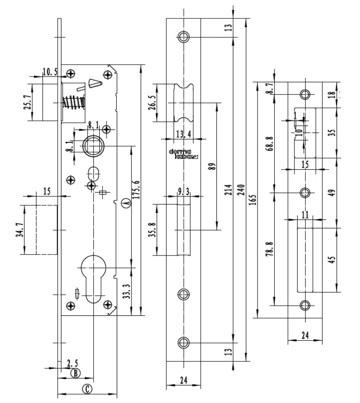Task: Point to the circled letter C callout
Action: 86,389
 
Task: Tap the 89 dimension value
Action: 212,166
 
